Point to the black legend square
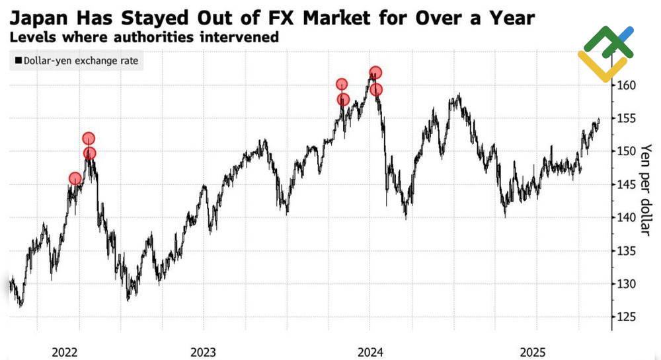17,61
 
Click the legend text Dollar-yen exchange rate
81,61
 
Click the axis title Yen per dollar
648,189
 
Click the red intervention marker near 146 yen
75,178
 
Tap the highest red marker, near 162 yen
375,73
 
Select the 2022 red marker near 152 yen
89,139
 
